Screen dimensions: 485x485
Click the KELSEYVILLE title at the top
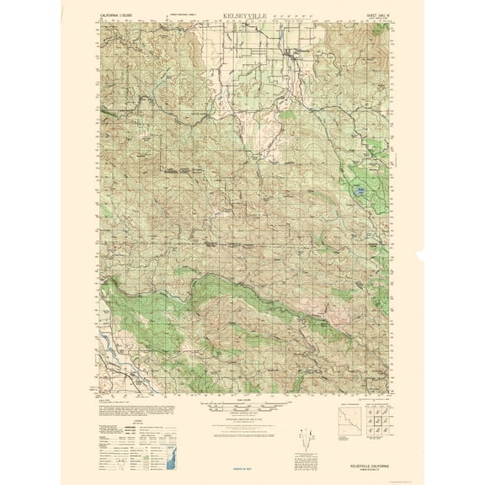(x=242, y=15)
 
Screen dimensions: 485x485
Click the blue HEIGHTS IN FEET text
(x=242, y=468)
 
